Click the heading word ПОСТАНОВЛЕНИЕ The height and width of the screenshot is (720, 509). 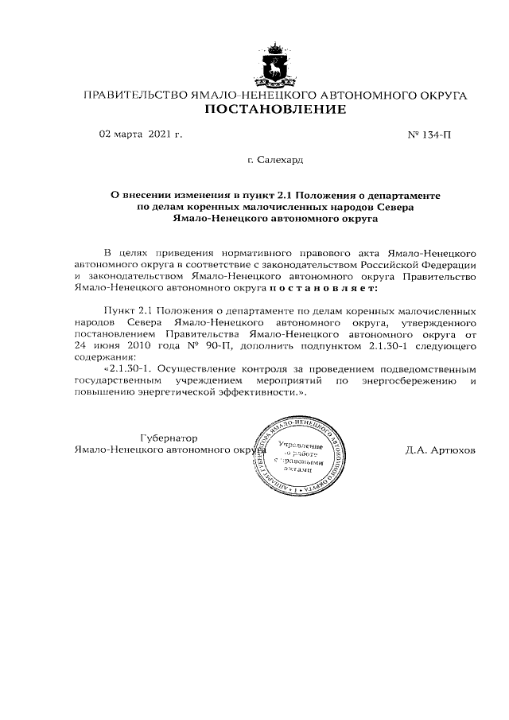click(x=275, y=109)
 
